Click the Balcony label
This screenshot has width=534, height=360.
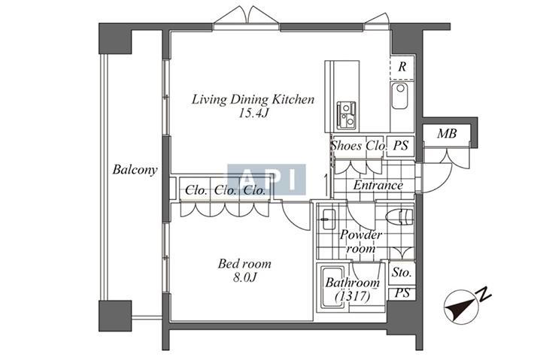coord(135,170)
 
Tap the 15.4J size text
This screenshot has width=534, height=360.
coord(253,113)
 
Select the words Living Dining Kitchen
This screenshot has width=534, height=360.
coord(253,99)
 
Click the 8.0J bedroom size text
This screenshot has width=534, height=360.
coord(244,277)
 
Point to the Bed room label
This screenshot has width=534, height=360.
coord(244,264)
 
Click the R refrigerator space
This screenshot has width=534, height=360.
coord(402,67)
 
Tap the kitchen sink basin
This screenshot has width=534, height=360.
coord(400,95)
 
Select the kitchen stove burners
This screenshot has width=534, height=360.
coord(346,115)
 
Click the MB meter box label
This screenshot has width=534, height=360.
coord(447,134)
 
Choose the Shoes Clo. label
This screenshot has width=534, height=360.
coord(359,146)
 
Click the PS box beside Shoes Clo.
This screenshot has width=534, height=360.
coord(400,146)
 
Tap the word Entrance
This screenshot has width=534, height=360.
coord(378,186)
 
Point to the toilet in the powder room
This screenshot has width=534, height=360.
coord(399,217)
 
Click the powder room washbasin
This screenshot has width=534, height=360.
coord(328,219)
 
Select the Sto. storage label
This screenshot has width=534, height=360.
coord(402,272)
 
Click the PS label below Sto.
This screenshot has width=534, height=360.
coord(402,293)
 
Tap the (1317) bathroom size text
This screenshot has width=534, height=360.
coord(353,297)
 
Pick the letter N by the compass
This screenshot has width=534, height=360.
coord(484,295)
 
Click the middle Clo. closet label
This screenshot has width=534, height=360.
coord(225,190)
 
